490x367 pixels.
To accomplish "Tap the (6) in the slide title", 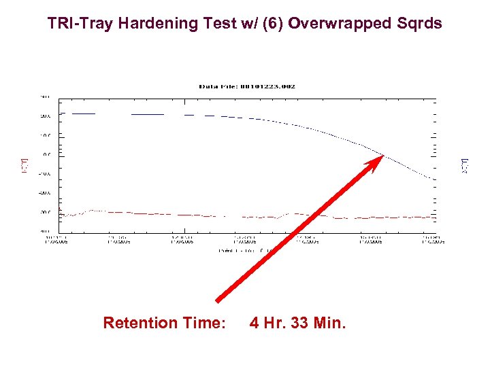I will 274,24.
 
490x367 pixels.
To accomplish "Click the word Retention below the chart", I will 140,323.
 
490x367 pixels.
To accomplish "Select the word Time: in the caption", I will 203,323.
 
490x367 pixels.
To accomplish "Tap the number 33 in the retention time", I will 300,323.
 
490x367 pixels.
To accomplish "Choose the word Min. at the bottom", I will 330,323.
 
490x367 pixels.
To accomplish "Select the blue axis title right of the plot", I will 465,164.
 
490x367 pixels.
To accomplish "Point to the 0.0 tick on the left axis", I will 47,154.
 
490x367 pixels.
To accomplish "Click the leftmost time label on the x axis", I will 56,239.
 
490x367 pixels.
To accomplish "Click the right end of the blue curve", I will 434,179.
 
